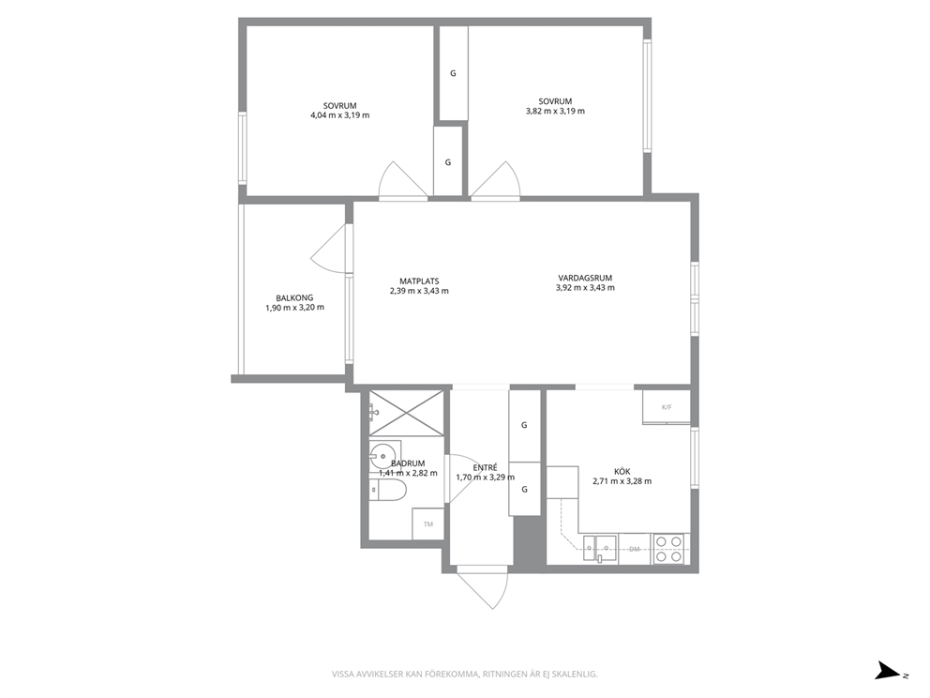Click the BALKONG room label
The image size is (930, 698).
tap(294, 298)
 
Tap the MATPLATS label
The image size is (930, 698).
tap(419, 281)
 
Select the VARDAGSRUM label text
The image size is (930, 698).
tap(585, 278)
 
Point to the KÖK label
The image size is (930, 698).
tap(622, 471)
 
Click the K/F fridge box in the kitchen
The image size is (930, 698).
tap(667, 407)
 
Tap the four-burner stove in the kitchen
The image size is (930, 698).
tap(669, 549)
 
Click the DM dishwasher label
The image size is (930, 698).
tap(635, 549)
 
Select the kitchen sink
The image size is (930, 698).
tap(600, 549)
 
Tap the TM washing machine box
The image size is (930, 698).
tap(428, 523)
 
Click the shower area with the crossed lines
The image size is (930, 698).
tap(406, 415)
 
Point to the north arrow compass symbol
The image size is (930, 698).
tap(888, 670)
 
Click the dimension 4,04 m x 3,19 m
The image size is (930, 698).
tap(340, 115)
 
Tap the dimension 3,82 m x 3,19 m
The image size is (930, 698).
tap(555, 111)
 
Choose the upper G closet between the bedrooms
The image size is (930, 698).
tap(453, 73)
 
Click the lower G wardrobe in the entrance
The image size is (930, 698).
tap(524, 489)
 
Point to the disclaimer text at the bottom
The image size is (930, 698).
tap(464, 674)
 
